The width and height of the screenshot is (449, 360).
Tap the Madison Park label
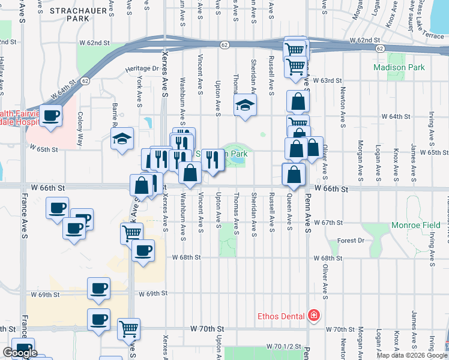coord(399,67)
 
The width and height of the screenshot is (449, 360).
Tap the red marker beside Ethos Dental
coord(313,315)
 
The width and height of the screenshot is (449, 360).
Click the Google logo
coord(20,353)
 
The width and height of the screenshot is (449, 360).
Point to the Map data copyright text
coord(412,355)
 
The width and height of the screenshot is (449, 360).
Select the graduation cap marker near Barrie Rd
coord(122,139)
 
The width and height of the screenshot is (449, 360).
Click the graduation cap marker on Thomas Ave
coord(245,105)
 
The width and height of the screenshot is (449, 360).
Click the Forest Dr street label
coord(351,241)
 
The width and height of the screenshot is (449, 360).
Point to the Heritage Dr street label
coord(142,68)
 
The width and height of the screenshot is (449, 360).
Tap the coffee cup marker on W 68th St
coord(143,250)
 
